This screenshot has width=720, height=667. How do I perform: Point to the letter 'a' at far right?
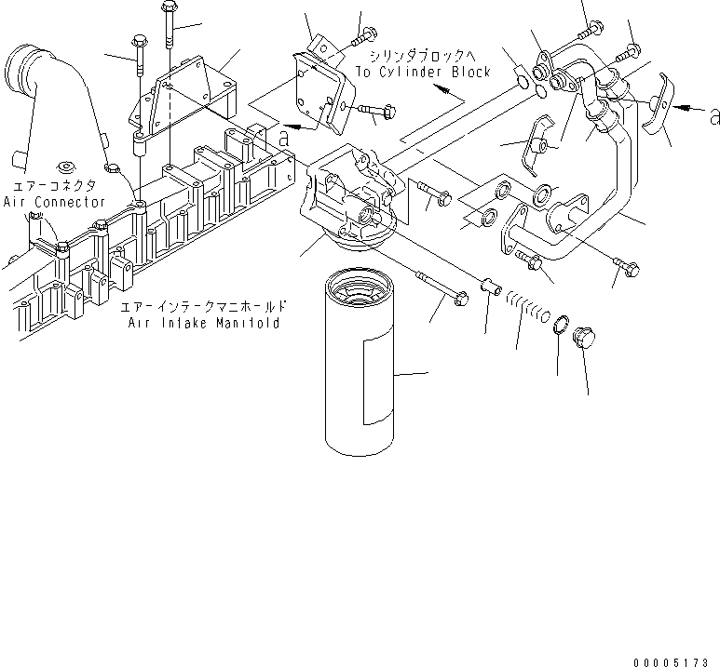713,116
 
